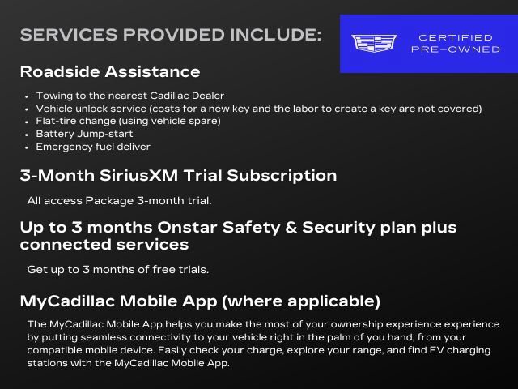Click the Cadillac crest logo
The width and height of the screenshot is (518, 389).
pyautogui.click(x=374, y=44)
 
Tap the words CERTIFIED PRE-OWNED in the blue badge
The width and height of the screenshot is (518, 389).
pyautogui.click(x=455, y=44)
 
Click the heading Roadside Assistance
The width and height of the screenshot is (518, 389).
pyautogui.click(x=110, y=72)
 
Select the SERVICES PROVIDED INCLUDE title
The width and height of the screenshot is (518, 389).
pyautogui.click(x=171, y=36)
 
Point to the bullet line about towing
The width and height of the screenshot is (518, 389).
pyautogui.click(x=130, y=96)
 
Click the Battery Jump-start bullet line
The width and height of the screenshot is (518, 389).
pyautogui.click(x=84, y=134)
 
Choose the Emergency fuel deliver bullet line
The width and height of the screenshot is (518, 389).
pyautogui.click(x=93, y=147)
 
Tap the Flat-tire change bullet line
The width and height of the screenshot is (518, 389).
pyautogui.click(x=128, y=121)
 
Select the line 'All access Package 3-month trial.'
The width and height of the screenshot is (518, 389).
pyautogui.click(x=119, y=200)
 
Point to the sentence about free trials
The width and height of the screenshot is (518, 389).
pyautogui.click(x=118, y=269)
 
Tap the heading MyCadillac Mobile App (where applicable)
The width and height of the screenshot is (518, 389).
pyautogui.click(x=200, y=301)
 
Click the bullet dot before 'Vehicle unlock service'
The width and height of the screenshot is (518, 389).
pyautogui.click(x=28, y=109)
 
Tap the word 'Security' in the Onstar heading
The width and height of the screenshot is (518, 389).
pyautogui.click(x=307, y=228)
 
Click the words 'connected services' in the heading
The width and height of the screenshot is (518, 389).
pyautogui.click(x=104, y=245)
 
